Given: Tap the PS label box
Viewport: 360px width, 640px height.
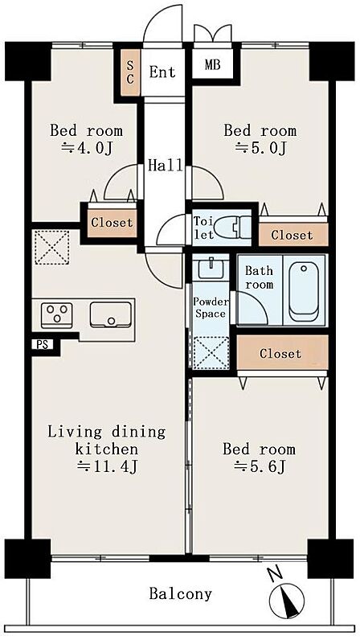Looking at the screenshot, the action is [42, 345].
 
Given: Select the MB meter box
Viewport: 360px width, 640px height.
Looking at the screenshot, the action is [213, 64].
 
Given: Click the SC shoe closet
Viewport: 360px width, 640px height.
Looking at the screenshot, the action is [130, 72].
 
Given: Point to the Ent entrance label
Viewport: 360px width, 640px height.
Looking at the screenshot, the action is [162, 72].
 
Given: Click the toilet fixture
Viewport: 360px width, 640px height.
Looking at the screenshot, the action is [233, 227].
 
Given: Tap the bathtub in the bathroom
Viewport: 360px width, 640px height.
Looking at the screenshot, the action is [303, 291].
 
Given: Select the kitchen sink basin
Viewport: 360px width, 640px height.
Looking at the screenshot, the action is [111, 314].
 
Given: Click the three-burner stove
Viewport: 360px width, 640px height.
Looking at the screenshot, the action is [57, 315].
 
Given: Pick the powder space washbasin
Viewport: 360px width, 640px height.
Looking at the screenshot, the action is [211, 269].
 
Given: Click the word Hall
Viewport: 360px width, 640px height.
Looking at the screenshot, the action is [166, 166].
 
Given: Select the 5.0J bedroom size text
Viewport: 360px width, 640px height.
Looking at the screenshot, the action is [261, 149].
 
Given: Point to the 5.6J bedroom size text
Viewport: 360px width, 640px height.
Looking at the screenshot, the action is [259, 467].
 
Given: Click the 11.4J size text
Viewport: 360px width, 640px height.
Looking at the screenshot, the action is [108, 466].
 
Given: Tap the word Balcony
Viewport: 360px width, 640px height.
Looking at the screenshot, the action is [181, 594].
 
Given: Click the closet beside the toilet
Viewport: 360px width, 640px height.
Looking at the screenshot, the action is [293, 235].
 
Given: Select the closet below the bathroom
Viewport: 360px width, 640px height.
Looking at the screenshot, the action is [282, 353].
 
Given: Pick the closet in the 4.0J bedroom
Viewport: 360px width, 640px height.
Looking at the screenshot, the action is [112, 223].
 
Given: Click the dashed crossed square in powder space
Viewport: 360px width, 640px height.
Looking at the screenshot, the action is [211, 353].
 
